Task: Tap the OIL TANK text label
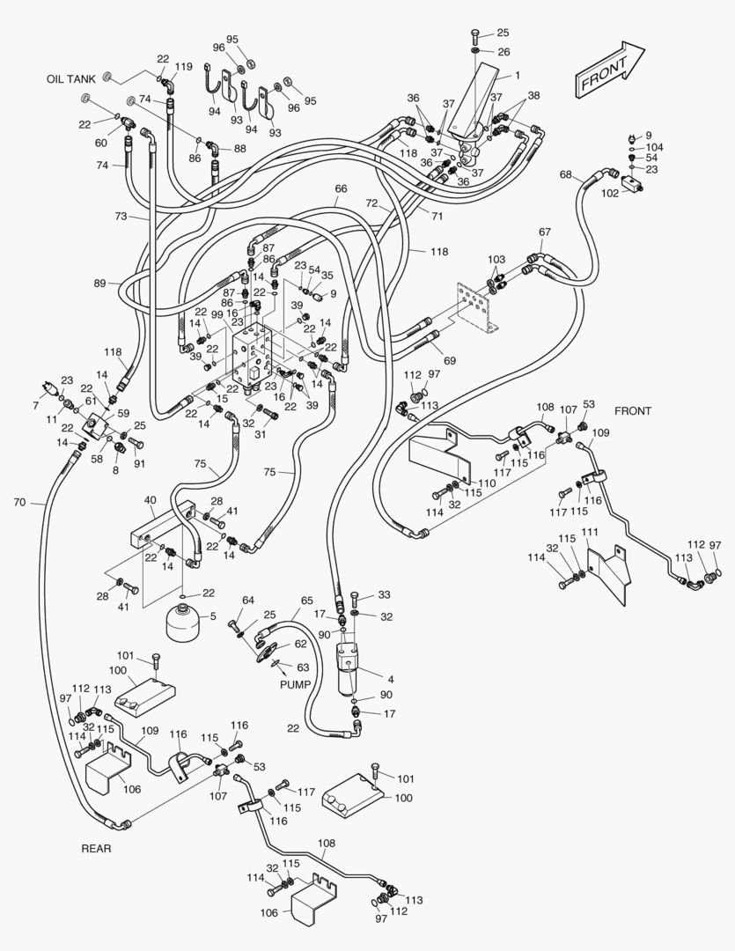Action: [70, 79]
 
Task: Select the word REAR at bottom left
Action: [96, 849]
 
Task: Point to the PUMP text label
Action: [296, 683]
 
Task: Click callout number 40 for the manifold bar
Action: [151, 499]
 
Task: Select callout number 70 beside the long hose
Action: [19, 503]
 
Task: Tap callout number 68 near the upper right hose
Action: [565, 174]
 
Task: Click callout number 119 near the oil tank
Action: [183, 67]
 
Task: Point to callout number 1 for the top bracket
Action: [518, 76]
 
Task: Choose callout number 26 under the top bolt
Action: [503, 52]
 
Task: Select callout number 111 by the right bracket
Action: [590, 533]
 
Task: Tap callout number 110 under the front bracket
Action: [486, 483]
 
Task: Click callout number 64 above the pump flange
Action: [248, 601]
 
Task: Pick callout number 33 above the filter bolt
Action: [383, 595]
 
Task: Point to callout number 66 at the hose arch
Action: [341, 188]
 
